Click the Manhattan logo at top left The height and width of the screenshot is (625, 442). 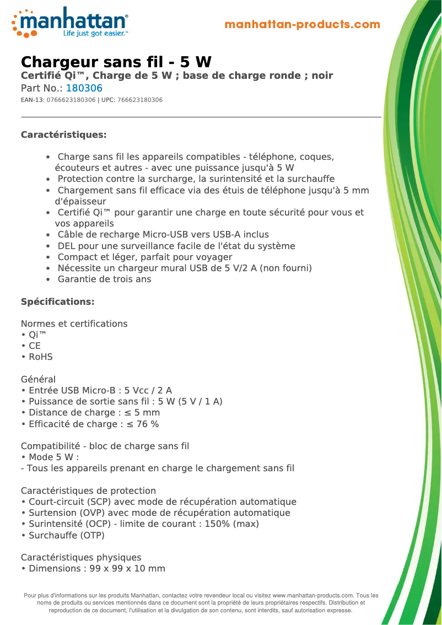coord(69,22)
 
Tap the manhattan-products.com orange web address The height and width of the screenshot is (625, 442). coord(303,25)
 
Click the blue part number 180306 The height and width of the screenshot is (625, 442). coord(84,88)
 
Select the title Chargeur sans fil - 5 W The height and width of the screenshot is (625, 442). coord(116,62)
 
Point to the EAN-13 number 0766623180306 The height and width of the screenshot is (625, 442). coord(71,100)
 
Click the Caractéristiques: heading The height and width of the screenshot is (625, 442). coord(63,135)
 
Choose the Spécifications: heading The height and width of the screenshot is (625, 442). coord(57,302)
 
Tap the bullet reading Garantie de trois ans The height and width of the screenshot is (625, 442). coord(104,279)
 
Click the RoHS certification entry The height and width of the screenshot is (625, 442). coord(40,357)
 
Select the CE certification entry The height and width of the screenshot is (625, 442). coord(35,346)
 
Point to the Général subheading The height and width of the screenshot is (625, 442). coord(38,380)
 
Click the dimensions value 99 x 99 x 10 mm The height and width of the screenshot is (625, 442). coord(127,569)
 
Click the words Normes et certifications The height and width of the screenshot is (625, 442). coord(74,324)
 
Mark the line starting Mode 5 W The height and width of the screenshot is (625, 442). coord(52,457)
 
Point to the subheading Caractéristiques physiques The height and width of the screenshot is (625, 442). coord(81,558)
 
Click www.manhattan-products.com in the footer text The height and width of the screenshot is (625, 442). coord(312,596)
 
